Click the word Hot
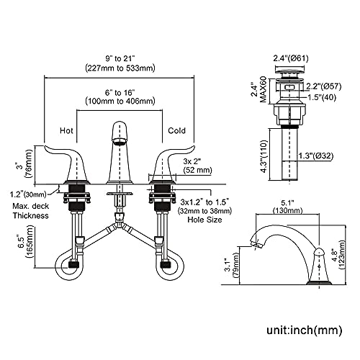coord(66,130)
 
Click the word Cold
coord(176,130)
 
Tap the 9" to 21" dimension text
coord(120,58)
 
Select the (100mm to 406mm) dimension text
coord(120,101)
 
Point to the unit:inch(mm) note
coord(305,330)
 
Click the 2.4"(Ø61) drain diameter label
coord(291,58)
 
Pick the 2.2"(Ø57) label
coord(323,86)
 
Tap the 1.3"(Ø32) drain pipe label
coord(316,156)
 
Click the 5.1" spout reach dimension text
coord(287,203)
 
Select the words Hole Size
coord(204,220)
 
